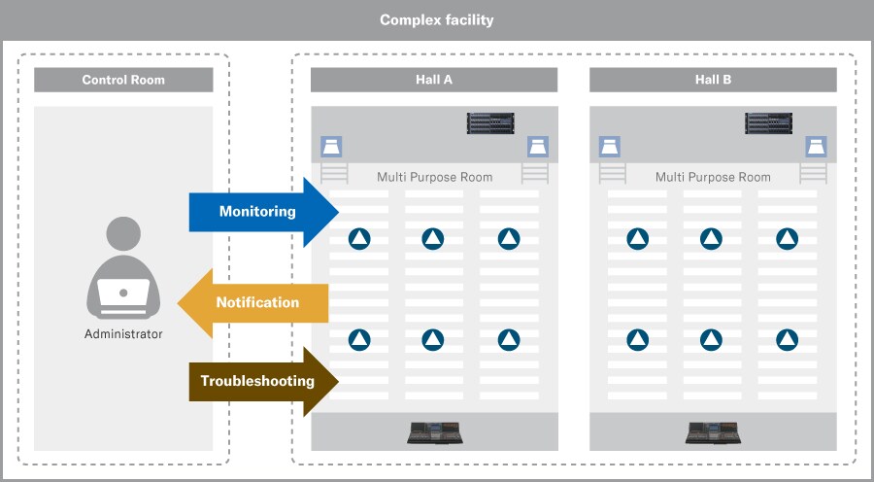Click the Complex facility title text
pos(436,19)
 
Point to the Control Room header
pos(123,80)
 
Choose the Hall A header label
pos(434,80)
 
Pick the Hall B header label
pos(713,80)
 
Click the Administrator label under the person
pos(123,334)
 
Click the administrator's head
pos(123,234)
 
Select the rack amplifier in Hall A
pos(490,123)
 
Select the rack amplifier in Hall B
pos(769,123)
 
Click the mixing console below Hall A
pos(434,432)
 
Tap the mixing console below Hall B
pos(713,432)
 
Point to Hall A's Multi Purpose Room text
pos(434,177)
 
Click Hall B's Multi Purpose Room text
pos(713,177)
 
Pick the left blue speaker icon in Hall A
pos(331,148)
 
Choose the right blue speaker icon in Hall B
pos(816,148)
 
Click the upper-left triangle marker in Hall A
pos(359,238)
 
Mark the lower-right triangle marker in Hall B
pos(787,339)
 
